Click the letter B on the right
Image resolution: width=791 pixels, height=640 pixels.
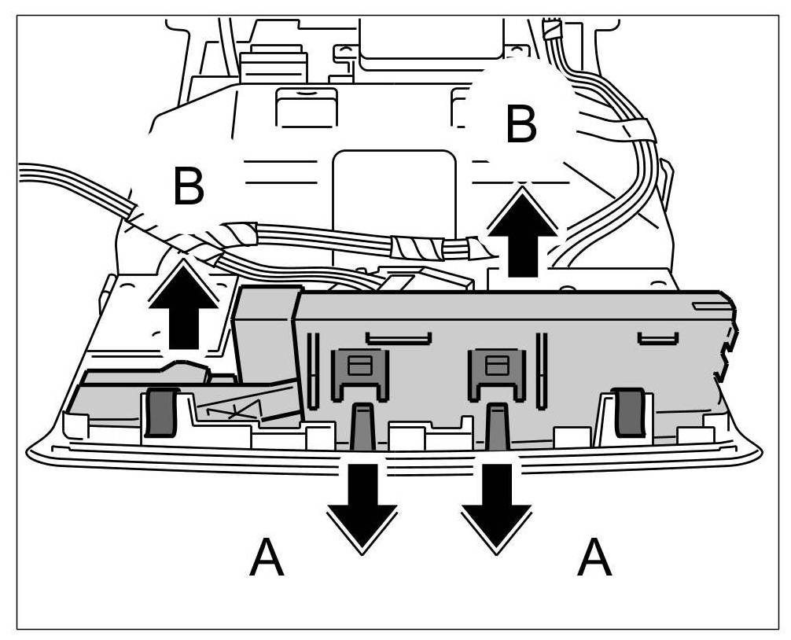point(521,125)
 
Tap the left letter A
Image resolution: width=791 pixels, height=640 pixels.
point(267,558)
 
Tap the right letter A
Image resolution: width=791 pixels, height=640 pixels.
point(594,558)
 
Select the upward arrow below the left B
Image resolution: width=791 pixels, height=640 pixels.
point(184,304)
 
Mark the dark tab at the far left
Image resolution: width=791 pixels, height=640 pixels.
point(160,413)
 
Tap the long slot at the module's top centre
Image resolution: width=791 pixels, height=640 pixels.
point(399,338)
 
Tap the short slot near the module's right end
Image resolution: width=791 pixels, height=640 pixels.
point(657,339)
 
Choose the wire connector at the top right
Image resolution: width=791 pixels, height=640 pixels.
point(553,31)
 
